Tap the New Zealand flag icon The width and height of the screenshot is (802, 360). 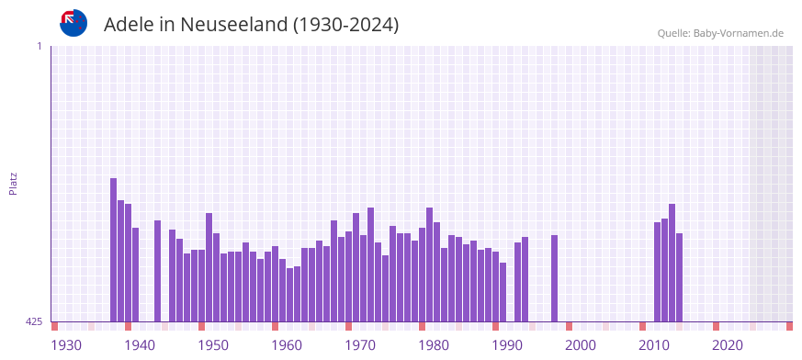coord(73,23)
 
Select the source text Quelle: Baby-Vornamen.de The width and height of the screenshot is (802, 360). coord(720,33)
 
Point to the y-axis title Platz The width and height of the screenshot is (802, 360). coord(13,183)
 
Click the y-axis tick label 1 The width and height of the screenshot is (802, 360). coord(39,46)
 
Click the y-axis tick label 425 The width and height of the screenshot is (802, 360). coord(34,321)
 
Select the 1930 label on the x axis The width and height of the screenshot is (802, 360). coord(66,345)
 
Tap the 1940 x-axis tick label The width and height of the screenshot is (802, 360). coord(140,345)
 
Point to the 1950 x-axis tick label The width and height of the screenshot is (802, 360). coord(213,345)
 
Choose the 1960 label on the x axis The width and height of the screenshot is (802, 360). coord(287,345)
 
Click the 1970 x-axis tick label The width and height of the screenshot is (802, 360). coord(360,345)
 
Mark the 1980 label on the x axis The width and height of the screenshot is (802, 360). coord(434,345)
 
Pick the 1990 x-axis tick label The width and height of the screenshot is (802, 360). coord(507,345)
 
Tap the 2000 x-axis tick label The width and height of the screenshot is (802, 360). coord(581,345)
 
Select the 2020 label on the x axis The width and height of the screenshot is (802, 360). coord(728,345)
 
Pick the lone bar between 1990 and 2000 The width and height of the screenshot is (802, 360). coord(555,278)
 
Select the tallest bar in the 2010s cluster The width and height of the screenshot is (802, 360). coord(672,263)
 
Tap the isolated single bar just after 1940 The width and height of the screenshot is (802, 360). coord(158,271)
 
